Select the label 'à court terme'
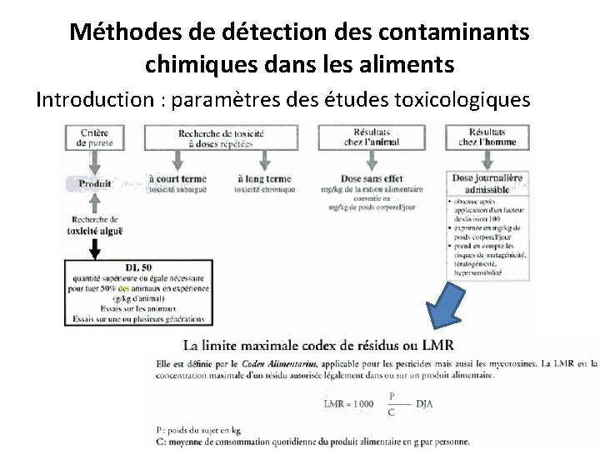point(177,178)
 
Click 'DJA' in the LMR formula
point(426,403)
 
